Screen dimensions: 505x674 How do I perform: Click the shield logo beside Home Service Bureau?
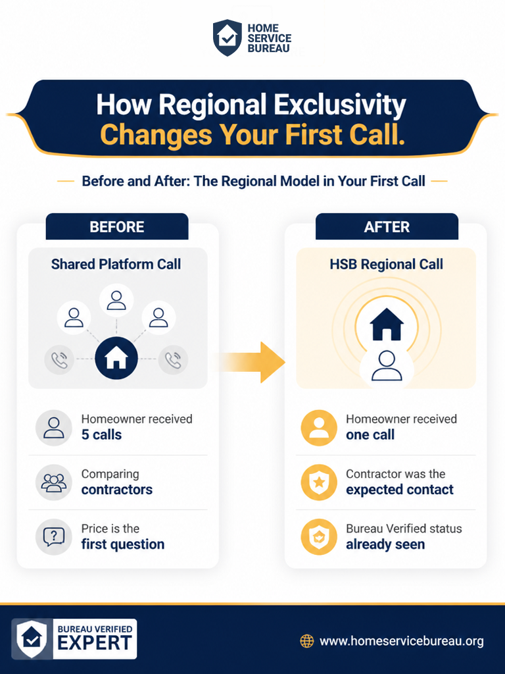(x=228, y=38)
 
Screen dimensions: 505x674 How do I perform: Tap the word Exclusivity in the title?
(x=340, y=105)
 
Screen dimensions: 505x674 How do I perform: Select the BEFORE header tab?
(x=117, y=226)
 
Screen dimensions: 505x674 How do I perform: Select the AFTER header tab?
(x=387, y=226)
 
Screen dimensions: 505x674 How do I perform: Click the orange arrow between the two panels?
(x=251, y=362)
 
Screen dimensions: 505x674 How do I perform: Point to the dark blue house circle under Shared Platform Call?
(x=116, y=357)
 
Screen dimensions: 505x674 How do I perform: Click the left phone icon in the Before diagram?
(x=59, y=360)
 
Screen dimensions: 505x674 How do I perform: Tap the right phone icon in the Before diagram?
(x=173, y=360)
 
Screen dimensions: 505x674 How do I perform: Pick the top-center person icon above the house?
(x=116, y=300)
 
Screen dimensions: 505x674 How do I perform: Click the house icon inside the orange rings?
(x=387, y=324)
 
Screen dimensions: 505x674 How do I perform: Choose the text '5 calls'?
(x=101, y=434)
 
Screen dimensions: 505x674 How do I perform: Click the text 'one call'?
(x=370, y=434)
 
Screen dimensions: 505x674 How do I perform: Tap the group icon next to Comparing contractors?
(x=54, y=482)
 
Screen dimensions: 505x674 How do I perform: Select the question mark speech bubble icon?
(x=54, y=537)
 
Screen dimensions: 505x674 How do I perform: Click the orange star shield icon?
(x=319, y=482)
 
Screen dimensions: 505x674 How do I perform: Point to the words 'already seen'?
(x=385, y=544)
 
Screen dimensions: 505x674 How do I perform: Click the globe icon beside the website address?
(x=306, y=641)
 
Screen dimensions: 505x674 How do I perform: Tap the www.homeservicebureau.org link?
(x=402, y=641)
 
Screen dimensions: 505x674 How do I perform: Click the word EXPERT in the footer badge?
(x=95, y=644)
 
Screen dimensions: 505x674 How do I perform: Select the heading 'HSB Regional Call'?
(x=386, y=264)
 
